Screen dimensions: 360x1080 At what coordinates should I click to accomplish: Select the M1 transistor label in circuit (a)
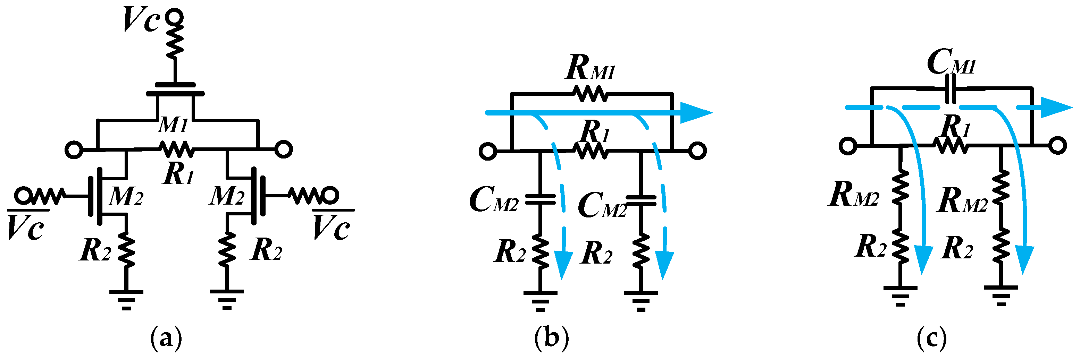click(x=173, y=125)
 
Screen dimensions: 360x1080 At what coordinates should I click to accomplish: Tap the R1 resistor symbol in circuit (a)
click(x=176, y=149)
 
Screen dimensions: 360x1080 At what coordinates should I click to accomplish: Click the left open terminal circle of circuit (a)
click(x=74, y=149)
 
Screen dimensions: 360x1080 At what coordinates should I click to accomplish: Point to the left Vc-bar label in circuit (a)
click(x=26, y=227)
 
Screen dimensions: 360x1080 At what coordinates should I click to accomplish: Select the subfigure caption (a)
click(x=166, y=338)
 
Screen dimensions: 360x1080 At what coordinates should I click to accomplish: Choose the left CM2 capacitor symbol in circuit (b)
click(x=540, y=199)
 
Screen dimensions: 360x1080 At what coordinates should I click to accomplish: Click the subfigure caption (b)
click(x=552, y=338)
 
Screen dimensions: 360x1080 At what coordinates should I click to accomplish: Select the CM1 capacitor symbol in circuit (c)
click(x=952, y=88)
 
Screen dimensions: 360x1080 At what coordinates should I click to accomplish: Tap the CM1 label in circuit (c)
click(x=951, y=63)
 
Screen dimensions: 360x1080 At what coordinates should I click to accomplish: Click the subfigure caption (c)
click(x=931, y=338)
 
